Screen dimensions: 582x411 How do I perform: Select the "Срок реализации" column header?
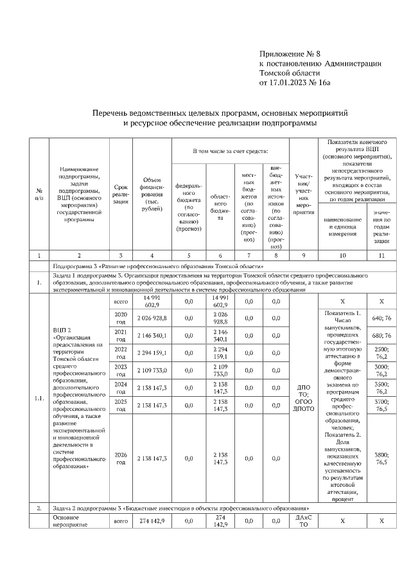pyautogui.click(x=120, y=194)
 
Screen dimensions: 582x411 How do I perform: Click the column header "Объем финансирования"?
pyautogui.click(x=151, y=194)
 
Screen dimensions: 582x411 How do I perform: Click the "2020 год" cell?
pyautogui.click(x=120, y=318)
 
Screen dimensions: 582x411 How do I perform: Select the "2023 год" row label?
pyautogui.click(x=120, y=370)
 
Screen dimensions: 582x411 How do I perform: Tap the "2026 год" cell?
pyautogui.click(x=120, y=458)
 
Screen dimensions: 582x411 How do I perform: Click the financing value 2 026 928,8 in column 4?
pyautogui.click(x=152, y=318)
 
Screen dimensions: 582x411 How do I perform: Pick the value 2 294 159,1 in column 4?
pyautogui.click(x=152, y=352)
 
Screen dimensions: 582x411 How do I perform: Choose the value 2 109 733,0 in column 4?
pyautogui.click(x=152, y=370)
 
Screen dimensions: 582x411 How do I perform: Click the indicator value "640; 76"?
pyautogui.click(x=382, y=318)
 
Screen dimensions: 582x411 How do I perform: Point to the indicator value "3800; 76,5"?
pyautogui.click(x=382, y=458)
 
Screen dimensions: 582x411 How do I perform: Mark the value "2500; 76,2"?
pyautogui.click(x=382, y=352)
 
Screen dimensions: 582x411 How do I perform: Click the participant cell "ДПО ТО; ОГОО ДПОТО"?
pyautogui.click(x=303, y=399)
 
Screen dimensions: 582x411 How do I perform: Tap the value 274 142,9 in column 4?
pyautogui.click(x=152, y=520)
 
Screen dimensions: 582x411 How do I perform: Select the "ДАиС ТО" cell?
pyautogui.click(x=303, y=520)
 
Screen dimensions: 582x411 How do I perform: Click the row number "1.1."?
pyautogui.click(x=39, y=399)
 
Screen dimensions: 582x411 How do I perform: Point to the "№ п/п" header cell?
pyautogui.click(x=39, y=194)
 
